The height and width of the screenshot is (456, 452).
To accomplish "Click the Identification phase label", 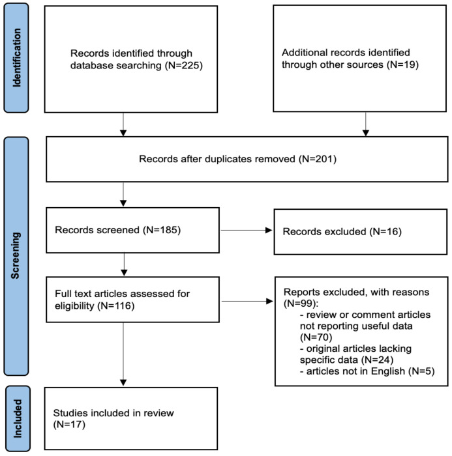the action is (x=16, y=57).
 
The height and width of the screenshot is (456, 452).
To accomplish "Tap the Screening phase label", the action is (x=16, y=255).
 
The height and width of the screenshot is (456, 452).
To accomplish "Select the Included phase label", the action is (x=18, y=418).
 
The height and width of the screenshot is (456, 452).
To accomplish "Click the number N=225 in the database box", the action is (x=184, y=65).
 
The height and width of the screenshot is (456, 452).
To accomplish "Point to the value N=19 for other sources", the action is (x=403, y=64).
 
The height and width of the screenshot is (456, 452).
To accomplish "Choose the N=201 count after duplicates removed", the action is (x=318, y=159).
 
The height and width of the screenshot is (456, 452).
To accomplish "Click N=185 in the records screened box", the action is (x=162, y=230).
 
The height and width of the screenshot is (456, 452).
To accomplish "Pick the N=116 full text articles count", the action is (x=116, y=306).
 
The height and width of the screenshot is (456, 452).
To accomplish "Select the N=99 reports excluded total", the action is (x=299, y=304).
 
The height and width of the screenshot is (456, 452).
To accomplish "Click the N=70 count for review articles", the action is (x=316, y=337).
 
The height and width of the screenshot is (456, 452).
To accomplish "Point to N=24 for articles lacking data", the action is (x=377, y=360).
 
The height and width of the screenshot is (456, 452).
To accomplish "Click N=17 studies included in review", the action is (x=69, y=425).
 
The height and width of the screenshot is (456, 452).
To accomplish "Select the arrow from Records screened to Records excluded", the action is (x=247, y=231).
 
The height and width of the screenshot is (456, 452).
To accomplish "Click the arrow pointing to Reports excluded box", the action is (x=248, y=301).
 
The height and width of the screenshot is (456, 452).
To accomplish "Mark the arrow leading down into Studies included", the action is (x=123, y=354).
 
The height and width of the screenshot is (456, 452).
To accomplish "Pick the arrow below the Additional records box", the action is (x=366, y=124).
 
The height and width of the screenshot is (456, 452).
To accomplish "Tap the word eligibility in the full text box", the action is (x=74, y=306).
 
